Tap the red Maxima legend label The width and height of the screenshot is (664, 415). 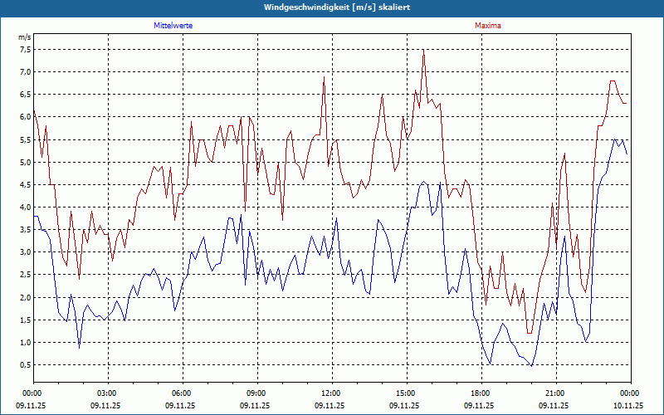tap(488, 26)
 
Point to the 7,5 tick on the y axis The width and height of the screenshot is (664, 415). tap(24, 49)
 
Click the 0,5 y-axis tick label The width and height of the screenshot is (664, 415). tap(24, 364)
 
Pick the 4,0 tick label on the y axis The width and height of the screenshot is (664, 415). tap(24, 207)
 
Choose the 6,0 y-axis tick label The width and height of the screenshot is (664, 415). tap(24, 116)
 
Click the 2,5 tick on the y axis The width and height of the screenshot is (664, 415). tap(24, 275)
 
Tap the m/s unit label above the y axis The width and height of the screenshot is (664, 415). tap(24, 37)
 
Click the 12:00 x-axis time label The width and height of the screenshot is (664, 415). tap(330, 393)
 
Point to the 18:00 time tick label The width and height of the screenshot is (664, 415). tap(480, 393)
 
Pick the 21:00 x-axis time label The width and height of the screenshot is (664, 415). tap(554, 393)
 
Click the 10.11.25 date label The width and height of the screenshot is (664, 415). tap(628, 406)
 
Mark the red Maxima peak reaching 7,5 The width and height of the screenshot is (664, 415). tap(423, 50)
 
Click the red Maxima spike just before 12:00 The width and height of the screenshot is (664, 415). tap(324, 77)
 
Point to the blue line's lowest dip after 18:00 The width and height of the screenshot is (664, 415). tap(531, 365)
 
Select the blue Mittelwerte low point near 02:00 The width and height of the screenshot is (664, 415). tap(80, 347)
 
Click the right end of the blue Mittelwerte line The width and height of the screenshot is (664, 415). tap(627, 154)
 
